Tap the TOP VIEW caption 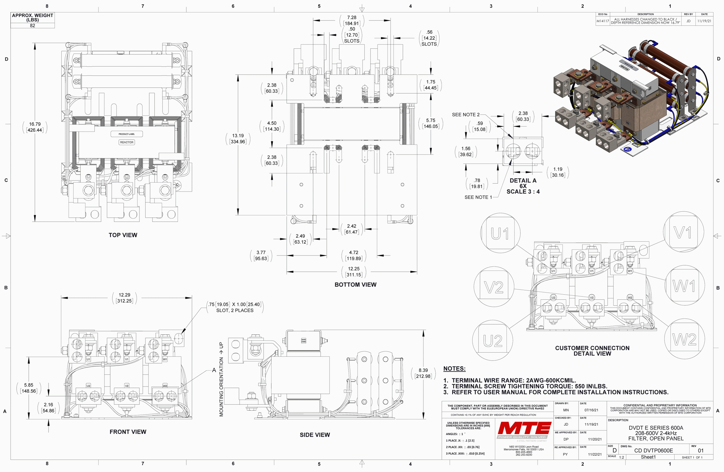point(123,235)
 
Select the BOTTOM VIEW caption point(355,285)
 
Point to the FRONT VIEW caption point(128,432)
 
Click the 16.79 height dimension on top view point(35,127)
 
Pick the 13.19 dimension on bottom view point(238,138)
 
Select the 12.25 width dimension point(354,271)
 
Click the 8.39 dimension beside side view point(423,373)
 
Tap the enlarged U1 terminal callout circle point(500,233)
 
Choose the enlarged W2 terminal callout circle point(684,339)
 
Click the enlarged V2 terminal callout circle point(494,287)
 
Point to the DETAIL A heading point(523,181)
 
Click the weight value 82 point(33,25)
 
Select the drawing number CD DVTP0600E point(653,450)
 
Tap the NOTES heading point(454,368)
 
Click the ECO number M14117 point(603,21)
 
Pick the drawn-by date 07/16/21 point(591,410)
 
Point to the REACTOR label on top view point(126,142)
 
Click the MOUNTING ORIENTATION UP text point(221,379)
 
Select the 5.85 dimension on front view point(29,388)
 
